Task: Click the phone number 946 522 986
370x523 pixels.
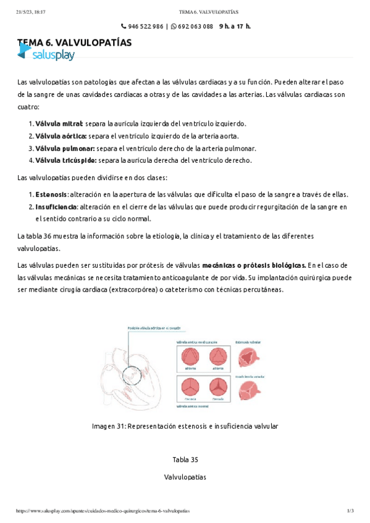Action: pos(146,27)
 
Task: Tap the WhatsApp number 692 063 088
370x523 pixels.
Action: pos(195,27)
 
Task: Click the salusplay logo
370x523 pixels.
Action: pos(46,55)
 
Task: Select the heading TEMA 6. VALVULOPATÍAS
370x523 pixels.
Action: pos(74,43)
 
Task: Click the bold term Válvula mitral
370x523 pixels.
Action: pos(59,123)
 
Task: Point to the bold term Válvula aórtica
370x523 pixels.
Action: pos(61,136)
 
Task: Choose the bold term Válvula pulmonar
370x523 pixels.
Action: pos(65,148)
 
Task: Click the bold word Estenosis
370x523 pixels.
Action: pos(51,194)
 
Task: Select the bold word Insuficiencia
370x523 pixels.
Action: pos(56,206)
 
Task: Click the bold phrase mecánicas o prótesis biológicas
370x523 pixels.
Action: pos(254,265)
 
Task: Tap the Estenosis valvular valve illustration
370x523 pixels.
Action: pos(250,356)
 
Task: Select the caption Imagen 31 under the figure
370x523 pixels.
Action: pos(185,426)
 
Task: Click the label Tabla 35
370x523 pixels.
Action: pos(185,459)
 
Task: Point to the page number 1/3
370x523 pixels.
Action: pos(350,511)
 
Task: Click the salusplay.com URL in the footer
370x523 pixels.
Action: pos(103,511)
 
